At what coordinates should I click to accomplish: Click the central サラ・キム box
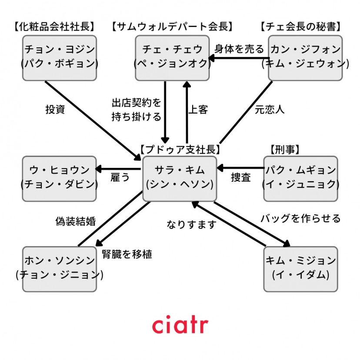click(180, 178)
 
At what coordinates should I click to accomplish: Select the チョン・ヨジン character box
click(59, 57)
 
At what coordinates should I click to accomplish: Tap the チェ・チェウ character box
click(172, 57)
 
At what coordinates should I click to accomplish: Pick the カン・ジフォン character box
click(305, 57)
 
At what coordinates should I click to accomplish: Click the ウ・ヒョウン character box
click(59, 178)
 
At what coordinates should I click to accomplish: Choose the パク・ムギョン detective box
click(300, 178)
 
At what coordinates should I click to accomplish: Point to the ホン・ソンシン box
click(59, 268)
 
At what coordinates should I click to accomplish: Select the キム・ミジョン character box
click(300, 268)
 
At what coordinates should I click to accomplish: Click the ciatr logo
click(180, 325)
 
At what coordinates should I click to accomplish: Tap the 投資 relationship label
click(55, 110)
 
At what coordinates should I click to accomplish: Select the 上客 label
click(198, 110)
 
